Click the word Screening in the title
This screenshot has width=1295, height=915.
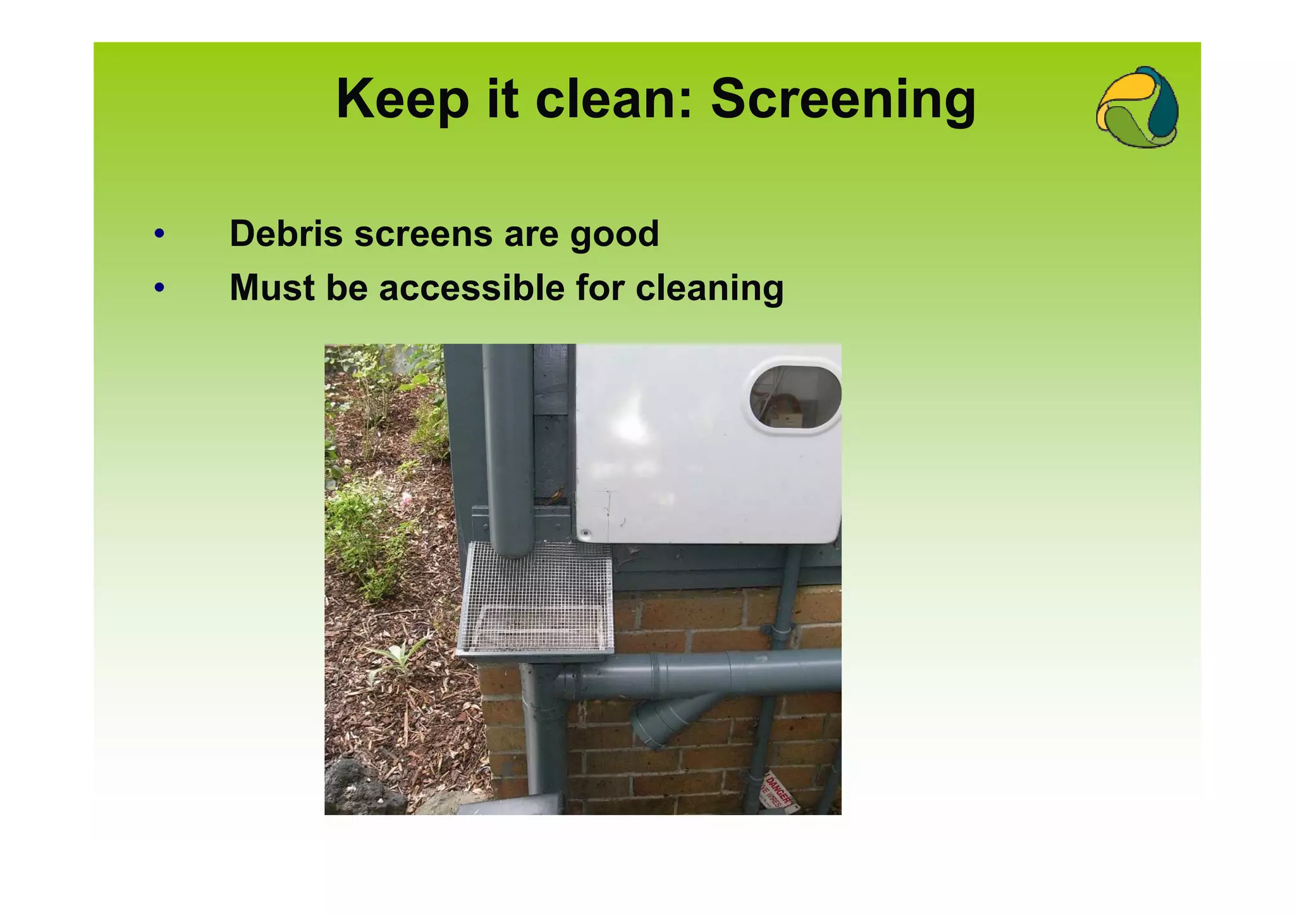click(843, 100)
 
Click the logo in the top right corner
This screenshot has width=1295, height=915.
click(1137, 107)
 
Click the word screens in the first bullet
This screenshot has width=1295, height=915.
click(423, 233)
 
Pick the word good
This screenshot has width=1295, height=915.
click(614, 235)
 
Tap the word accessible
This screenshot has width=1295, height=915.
click(472, 288)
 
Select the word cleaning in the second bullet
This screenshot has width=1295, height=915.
click(709, 288)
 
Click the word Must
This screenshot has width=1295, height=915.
click(273, 288)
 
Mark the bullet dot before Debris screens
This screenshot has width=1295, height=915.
click(159, 234)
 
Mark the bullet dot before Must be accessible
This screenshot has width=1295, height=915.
click(159, 288)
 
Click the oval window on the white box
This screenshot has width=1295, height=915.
click(794, 398)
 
